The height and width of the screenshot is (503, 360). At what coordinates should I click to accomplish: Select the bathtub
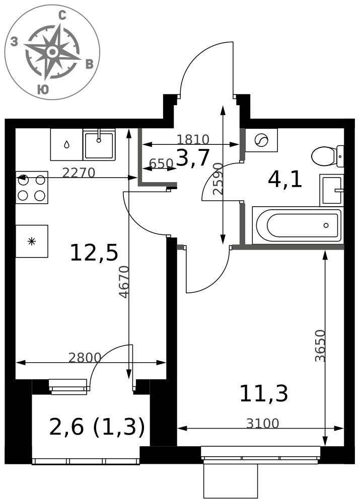(298, 225)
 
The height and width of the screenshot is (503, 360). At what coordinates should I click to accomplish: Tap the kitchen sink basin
(99, 145)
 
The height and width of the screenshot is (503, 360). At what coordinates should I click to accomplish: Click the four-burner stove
(32, 187)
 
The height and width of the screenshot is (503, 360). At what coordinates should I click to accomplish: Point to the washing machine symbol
(261, 140)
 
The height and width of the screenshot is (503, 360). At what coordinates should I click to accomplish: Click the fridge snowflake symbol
(32, 241)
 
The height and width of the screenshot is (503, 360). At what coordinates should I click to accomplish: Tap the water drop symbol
(66, 145)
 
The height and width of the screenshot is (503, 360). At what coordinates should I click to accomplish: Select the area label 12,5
(94, 253)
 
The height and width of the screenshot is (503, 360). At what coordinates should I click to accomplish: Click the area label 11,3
(264, 394)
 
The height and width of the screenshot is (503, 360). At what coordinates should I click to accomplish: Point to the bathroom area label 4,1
(285, 180)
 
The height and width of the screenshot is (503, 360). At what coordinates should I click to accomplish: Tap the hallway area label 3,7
(193, 158)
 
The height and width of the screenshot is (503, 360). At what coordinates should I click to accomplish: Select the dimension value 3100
(263, 424)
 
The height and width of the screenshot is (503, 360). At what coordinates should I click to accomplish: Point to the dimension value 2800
(85, 357)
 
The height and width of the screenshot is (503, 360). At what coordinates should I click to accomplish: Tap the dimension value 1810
(193, 139)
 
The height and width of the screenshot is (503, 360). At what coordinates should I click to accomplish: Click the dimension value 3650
(320, 346)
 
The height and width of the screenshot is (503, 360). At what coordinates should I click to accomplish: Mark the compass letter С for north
(62, 15)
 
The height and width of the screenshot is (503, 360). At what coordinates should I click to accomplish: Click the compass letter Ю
(43, 90)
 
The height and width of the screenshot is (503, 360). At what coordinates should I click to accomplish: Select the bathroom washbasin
(332, 190)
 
